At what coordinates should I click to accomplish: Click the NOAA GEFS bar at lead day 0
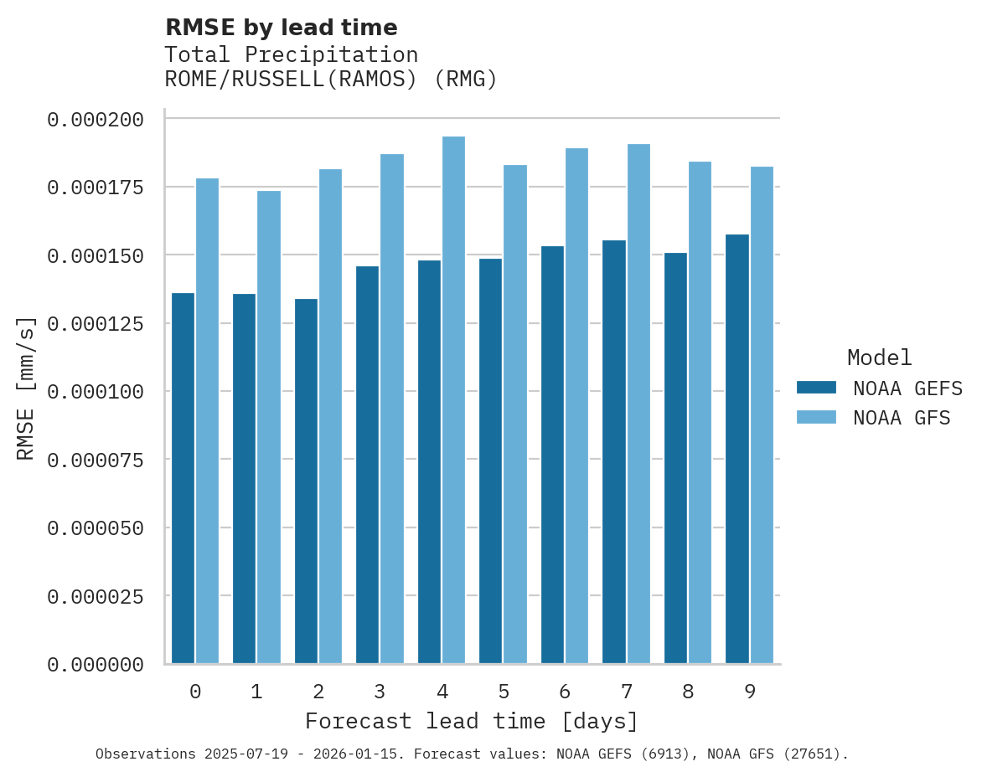click(x=183, y=477)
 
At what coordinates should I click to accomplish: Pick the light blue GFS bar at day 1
click(x=269, y=427)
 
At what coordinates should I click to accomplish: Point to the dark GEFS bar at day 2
click(x=306, y=481)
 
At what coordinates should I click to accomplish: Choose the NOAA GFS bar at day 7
click(x=638, y=403)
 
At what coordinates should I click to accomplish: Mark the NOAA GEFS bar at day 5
click(x=490, y=461)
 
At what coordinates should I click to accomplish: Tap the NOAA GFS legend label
click(x=902, y=418)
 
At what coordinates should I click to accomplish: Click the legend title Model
click(x=879, y=358)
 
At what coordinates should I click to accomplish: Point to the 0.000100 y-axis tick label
click(x=96, y=392)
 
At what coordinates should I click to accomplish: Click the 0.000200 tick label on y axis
click(x=96, y=120)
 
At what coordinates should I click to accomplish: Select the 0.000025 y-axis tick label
click(x=96, y=596)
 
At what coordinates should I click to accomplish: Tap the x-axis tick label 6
click(x=565, y=692)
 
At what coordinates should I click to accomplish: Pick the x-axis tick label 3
click(x=380, y=692)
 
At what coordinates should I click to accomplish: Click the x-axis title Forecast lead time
click(x=471, y=721)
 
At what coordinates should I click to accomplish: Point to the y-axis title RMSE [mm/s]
click(x=26, y=388)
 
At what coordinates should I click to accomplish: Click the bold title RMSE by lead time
click(x=281, y=28)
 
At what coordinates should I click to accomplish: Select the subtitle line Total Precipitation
click(x=291, y=54)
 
